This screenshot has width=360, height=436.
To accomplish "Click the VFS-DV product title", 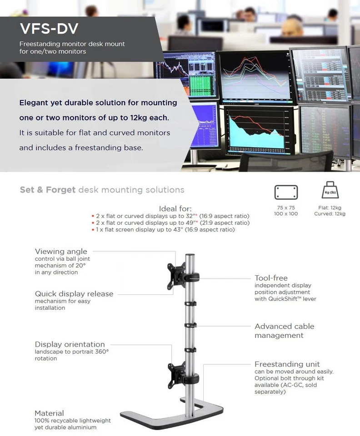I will [x=49, y=29].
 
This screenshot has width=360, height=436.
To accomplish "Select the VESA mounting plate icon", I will [x=286, y=193].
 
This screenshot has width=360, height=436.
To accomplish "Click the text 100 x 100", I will [x=286, y=213].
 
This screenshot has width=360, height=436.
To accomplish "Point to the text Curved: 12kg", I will [x=330, y=213].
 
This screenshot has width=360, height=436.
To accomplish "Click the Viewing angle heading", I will [x=61, y=252].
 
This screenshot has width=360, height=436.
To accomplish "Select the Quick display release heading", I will [x=74, y=294].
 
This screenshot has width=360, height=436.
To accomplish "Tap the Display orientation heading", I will [x=70, y=344].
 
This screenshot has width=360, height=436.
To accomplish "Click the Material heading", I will [x=49, y=413].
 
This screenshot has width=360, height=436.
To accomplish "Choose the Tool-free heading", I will [x=271, y=278].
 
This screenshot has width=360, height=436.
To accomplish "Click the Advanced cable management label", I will [x=284, y=331].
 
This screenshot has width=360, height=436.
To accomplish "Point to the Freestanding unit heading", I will [x=287, y=364].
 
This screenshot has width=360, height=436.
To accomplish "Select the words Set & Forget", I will [x=47, y=190].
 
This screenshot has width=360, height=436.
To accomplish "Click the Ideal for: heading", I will [x=175, y=208].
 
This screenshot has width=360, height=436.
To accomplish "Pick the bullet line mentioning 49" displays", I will [x=172, y=223].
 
